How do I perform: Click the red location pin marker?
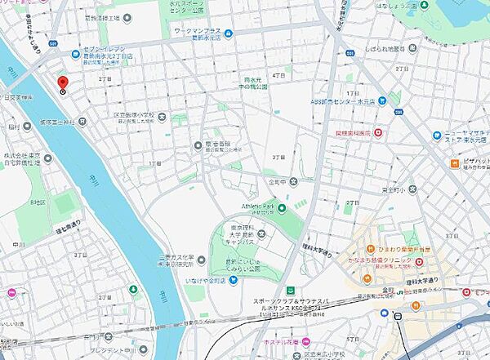(x=62, y=82)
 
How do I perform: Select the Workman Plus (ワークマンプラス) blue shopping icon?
(x=228, y=33)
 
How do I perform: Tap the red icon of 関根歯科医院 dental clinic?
(x=377, y=132)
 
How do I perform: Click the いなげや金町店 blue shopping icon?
(x=233, y=282)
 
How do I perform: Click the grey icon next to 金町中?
(x=293, y=181)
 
